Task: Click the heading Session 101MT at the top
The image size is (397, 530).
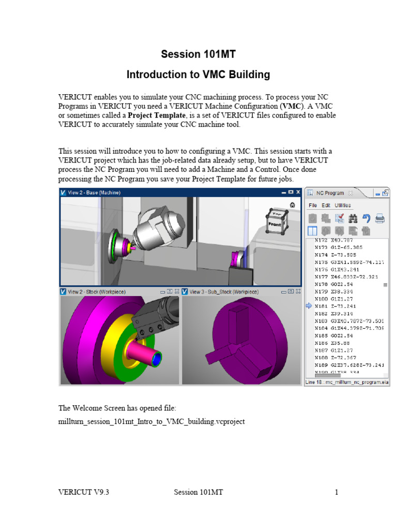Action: tap(198, 54)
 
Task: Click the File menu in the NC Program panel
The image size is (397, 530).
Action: tap(313, 205)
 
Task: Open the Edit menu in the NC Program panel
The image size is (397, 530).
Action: tap(326, 205)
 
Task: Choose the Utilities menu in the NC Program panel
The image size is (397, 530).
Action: tap(342, 205)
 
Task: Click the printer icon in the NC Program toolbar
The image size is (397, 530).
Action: tap(380, 218)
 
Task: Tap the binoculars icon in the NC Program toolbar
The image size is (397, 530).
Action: tap(354, 218)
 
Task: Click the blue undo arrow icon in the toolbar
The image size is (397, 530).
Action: tap(367, 218)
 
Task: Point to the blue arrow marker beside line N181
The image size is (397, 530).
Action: tap(309, 306)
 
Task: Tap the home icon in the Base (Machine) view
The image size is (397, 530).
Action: tap(293, 205)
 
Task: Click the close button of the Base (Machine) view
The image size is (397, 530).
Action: tap(298, 193)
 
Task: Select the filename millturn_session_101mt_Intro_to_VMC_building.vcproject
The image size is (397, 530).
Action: tap(151, 421)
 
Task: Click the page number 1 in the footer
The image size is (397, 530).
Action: tap(336, 492)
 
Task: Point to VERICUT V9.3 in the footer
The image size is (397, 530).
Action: tap(83, 492)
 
